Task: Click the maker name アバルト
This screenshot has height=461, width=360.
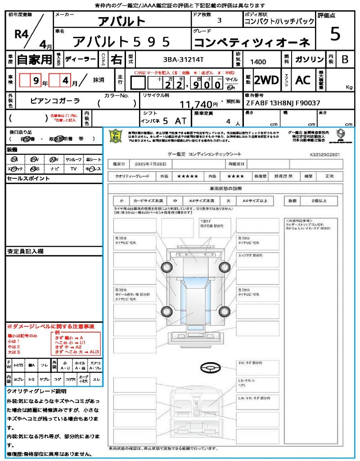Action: click(x=122, y=22)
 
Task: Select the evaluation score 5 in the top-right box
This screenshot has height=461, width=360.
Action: click(x=335, y=34)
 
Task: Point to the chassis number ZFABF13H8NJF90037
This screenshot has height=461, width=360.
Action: click(x=283, y=103)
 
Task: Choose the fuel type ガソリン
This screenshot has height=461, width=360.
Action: click(x=309, y=59)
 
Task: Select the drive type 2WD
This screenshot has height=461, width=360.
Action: click(x=266, y=80)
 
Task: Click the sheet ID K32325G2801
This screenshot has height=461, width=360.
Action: click(x=324, y=154)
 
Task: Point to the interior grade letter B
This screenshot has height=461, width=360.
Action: click(x=345, y=59)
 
